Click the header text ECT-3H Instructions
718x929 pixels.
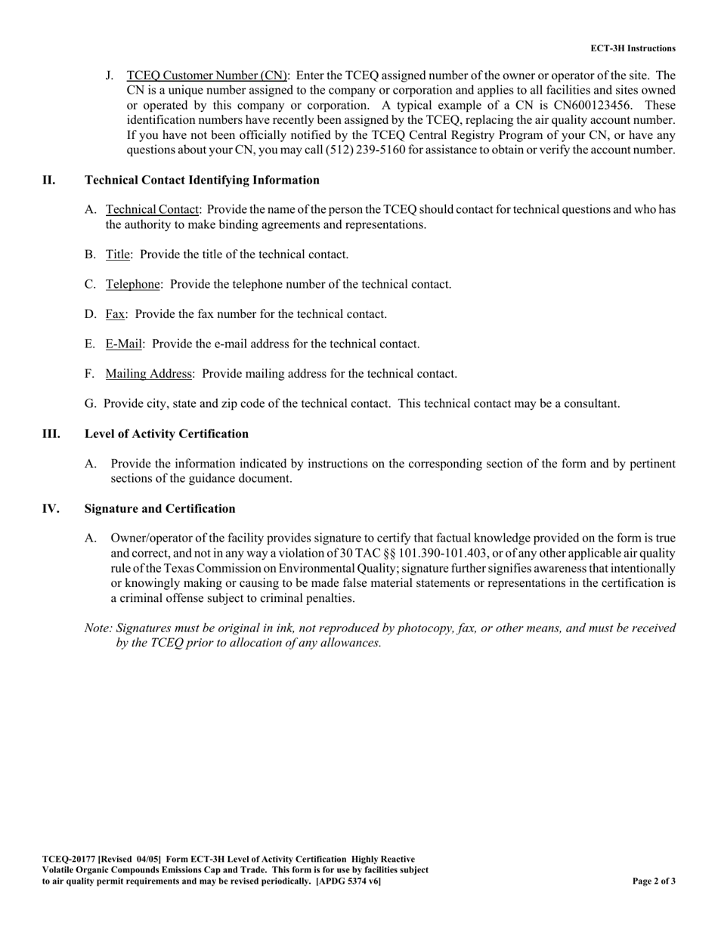pos(633,48)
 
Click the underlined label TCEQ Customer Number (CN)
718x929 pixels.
pos(206,76)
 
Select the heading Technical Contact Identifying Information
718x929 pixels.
pos(202,180)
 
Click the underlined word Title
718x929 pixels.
pos(118,255)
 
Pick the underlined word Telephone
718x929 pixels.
pos(133,285)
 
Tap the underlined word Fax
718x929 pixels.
pos(115,314)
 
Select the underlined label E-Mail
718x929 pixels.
pos(123,344)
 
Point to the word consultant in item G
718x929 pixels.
pos(592,404)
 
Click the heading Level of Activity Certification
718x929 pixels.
pos(166,434)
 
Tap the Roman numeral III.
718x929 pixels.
pos(51,434)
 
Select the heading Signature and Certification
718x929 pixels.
pos(159,509)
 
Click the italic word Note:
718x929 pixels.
pos(99,628)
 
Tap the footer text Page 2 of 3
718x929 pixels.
pos(654,881)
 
